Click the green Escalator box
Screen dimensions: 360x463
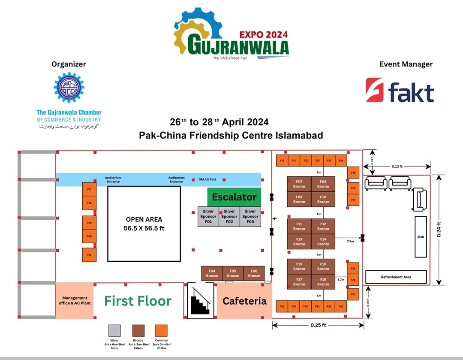[234, 197]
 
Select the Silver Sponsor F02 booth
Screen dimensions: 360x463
[229, 216]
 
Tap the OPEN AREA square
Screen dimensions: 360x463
[144, 224]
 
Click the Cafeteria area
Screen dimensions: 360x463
[244, 301]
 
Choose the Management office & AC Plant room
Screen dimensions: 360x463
[75, 300]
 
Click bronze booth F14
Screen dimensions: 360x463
[323, 241]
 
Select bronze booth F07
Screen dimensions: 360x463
[299, 184]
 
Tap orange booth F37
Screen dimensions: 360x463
[89, 189]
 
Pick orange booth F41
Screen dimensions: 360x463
[89, 255]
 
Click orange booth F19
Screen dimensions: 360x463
[282, 160]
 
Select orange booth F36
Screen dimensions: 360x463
[282, 306]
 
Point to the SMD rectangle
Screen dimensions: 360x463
[420, 237]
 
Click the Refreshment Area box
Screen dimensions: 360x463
[396, 277]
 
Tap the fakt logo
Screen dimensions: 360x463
[400, 91]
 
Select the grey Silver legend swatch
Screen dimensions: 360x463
[114, 330]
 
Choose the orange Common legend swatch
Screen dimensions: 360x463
[161, 330]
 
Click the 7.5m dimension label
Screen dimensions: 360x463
[350, 242]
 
